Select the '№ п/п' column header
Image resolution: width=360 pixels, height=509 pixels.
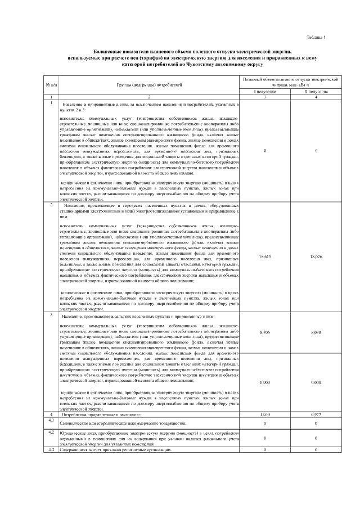coord(50,84)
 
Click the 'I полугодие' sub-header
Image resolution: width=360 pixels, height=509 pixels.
coord(265,91)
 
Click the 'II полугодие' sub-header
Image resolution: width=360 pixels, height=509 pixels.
coord(316,91)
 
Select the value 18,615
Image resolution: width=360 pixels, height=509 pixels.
coord(265,256)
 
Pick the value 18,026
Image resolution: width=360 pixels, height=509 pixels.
coord(316,256)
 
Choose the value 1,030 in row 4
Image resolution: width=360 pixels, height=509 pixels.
coord(265,414)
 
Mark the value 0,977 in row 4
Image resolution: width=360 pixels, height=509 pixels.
coord(316,414)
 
